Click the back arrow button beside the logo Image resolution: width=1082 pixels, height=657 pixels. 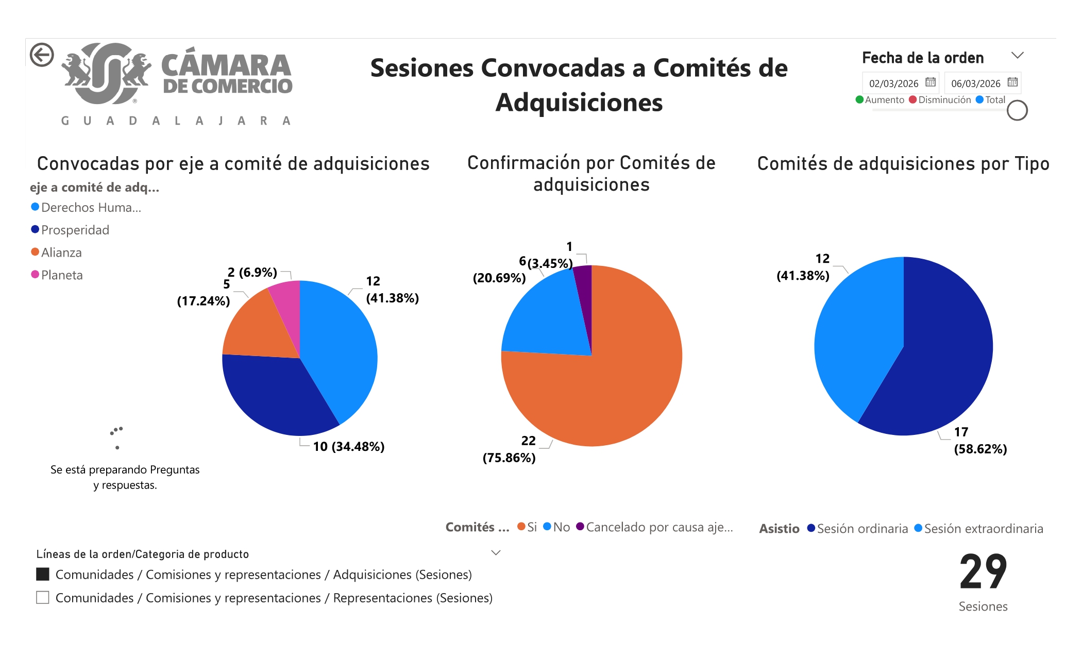point(42,55)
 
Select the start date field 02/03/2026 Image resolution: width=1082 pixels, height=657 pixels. point(893,83)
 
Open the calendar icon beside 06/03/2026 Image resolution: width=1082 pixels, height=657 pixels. point(1012,82)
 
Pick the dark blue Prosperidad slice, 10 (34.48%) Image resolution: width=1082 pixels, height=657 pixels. point(273,397)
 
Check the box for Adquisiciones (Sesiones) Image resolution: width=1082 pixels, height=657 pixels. point(43,574)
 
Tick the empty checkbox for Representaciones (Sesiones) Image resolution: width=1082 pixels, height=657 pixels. point(43,598)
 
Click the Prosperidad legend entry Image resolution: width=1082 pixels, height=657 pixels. point(75,230)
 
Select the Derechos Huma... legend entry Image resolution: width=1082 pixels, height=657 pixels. point(91,207)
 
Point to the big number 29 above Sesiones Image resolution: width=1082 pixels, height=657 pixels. point(983,571)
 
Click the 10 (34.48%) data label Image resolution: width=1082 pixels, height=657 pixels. point(349,446)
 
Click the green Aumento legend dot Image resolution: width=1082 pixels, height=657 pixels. point(859,100)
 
